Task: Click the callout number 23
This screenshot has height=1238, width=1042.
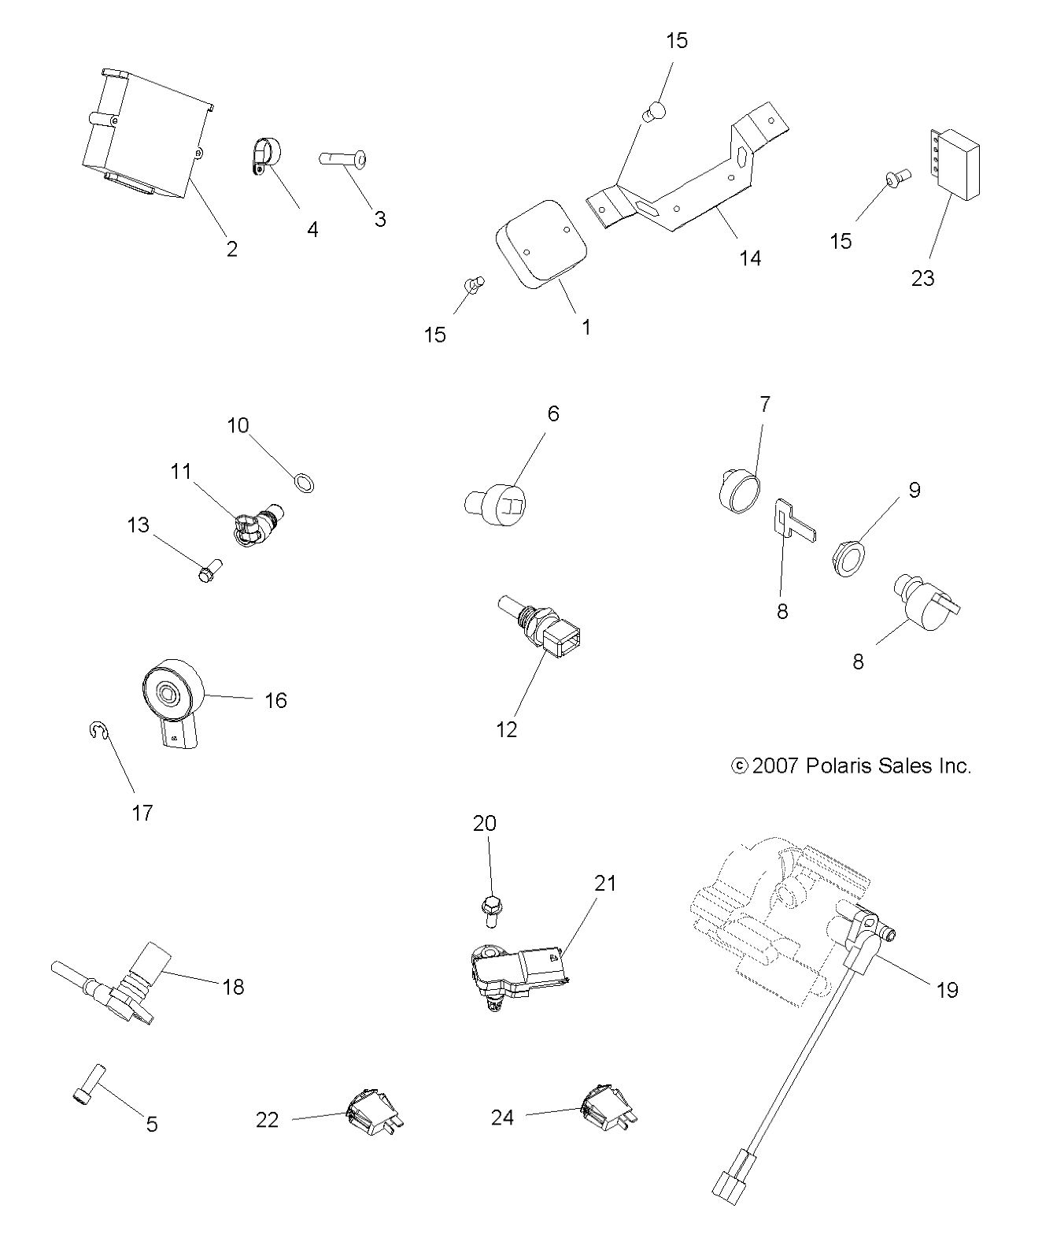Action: [x=922, y=278]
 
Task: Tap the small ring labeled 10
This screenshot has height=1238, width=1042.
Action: [x=304, y=484]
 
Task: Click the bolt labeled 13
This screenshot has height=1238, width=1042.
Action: [x=209, y=571]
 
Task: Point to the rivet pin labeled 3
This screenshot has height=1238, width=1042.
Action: [x=342, y=158]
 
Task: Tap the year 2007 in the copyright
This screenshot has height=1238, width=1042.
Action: [x=775, y=766]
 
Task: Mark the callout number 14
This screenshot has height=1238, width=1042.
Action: [x=750, y=258]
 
